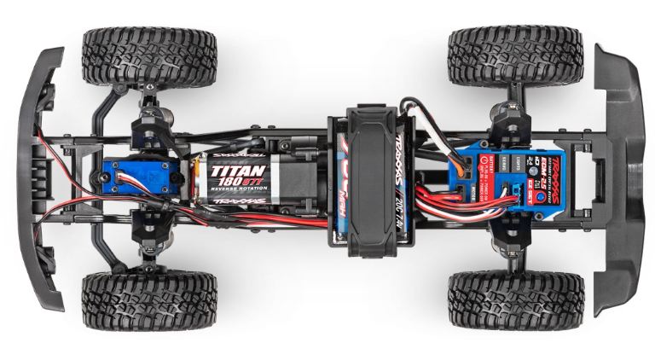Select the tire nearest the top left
[x=148, y=58]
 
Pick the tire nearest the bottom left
[x=148, y=299]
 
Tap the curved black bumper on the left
[x=38, y=179]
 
